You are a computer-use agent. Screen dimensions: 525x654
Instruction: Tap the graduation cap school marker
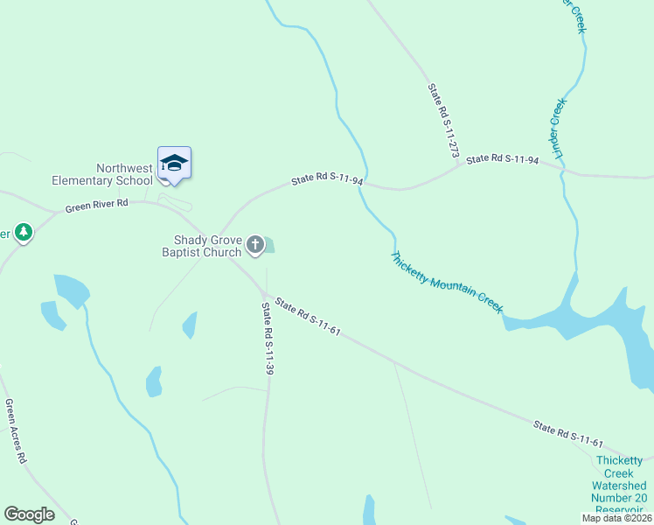point(174,164)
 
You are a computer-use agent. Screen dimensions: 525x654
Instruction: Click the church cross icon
point(255,245)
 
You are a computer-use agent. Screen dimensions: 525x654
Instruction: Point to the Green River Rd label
point(96,206)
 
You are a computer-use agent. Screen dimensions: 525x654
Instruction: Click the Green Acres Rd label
point(16,431)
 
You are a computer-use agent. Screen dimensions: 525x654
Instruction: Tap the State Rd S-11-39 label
point(268,339)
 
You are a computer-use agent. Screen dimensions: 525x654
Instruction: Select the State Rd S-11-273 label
point(443,122)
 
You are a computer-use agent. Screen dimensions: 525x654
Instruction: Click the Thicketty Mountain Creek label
point(447,283)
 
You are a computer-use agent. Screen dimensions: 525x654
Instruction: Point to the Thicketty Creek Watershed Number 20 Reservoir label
point(619,486)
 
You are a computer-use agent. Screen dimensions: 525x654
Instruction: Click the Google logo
point(29,514)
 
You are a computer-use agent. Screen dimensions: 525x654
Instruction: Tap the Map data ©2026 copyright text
point(616,518)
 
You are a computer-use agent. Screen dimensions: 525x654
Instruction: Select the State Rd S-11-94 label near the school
point(327,178)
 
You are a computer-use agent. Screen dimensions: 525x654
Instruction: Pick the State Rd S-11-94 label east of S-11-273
point(502,159)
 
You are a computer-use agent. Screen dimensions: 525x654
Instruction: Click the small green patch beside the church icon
point(268,245)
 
